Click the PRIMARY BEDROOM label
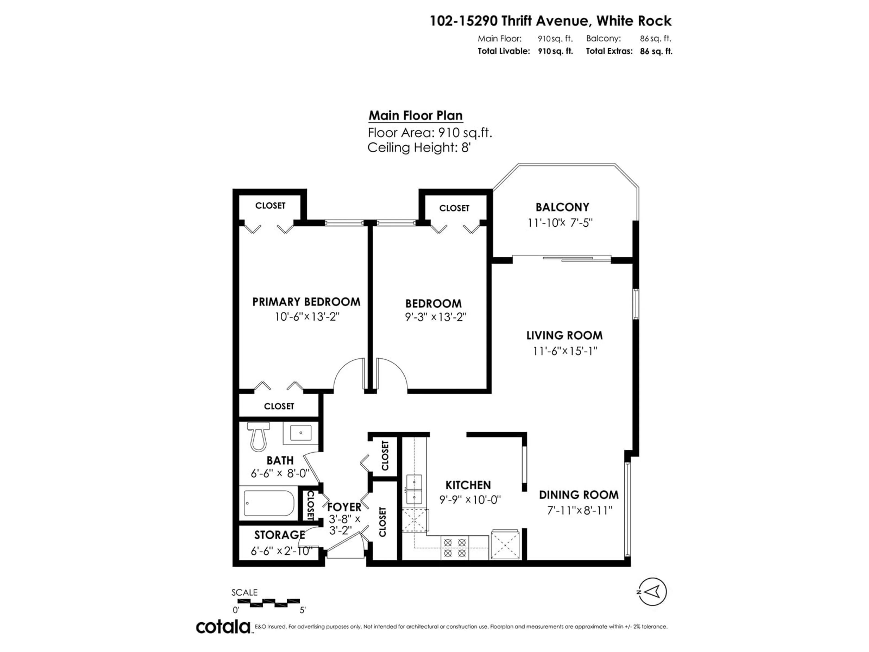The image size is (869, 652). tap(306, 302)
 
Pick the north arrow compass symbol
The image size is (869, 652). tap(652, 592)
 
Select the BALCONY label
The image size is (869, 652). tap(562, 207)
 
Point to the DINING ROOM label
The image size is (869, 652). tap(579, 495)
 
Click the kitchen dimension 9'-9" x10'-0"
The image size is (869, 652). tap(470, 500)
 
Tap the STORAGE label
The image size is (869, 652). tap(279, 535)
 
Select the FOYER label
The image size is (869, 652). tap(344, 507)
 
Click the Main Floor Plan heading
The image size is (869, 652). tap(416, 115)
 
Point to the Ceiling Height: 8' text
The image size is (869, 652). tap(419, 148)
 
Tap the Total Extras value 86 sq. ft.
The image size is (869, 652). tap(656, 51)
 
